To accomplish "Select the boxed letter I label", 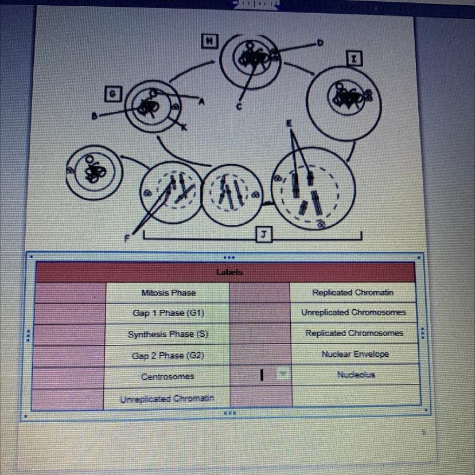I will (355, 59).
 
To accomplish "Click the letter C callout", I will (239, 106).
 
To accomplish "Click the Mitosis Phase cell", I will (168, 293).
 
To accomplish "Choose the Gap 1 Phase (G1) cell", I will (168, 313).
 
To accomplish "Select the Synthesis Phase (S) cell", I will (168, 334).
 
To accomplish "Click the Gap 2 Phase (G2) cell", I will (168, 356).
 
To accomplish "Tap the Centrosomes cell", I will (168, 376).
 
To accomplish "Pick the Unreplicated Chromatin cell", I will (168, 398).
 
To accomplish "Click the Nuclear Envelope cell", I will (355, 354).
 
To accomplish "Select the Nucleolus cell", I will (355, 374).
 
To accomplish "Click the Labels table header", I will (229, 272).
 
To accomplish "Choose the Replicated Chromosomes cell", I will (354, 333).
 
